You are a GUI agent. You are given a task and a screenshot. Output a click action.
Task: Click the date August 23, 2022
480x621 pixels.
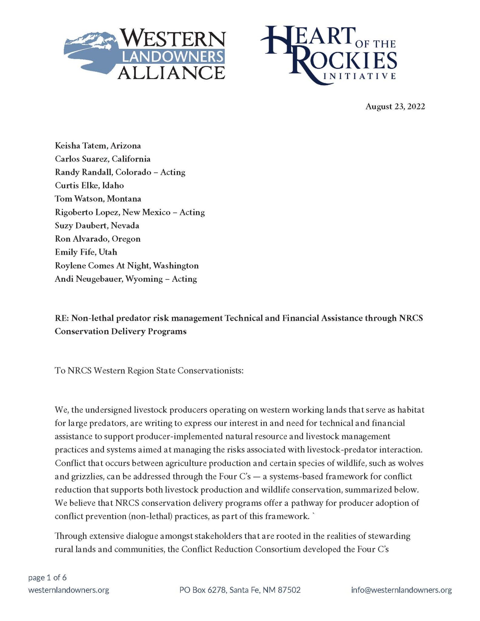click(395, 106)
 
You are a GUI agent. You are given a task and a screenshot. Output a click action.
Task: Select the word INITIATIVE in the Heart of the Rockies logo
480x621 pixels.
click(360, 76)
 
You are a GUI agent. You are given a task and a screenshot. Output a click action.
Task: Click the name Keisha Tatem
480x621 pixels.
click(80, 146)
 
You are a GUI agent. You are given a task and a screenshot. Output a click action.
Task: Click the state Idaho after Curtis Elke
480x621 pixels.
click(113, 186)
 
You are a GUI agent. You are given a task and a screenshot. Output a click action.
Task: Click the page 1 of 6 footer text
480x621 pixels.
click(47, 578)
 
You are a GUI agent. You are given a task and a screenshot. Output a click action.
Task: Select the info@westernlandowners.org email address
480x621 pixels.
click(401, 590)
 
